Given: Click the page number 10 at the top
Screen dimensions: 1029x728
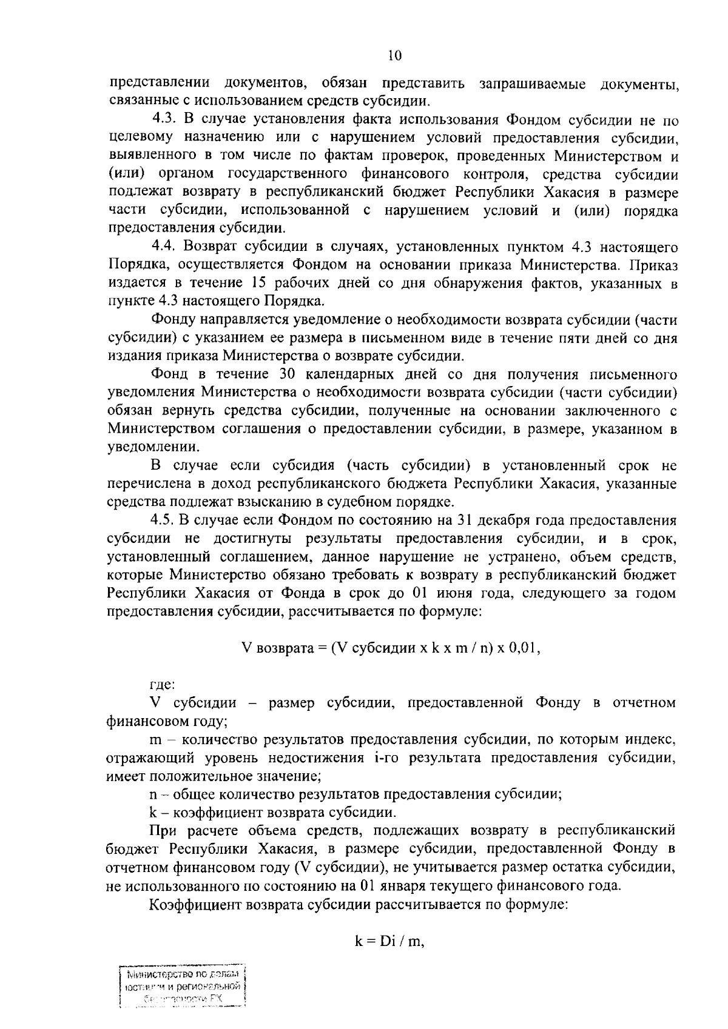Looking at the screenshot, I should (x=394, y=56).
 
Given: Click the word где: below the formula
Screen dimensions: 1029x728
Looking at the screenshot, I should (x=162, y=685).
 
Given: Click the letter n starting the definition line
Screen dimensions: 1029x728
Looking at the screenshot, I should (x=153, y=794).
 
